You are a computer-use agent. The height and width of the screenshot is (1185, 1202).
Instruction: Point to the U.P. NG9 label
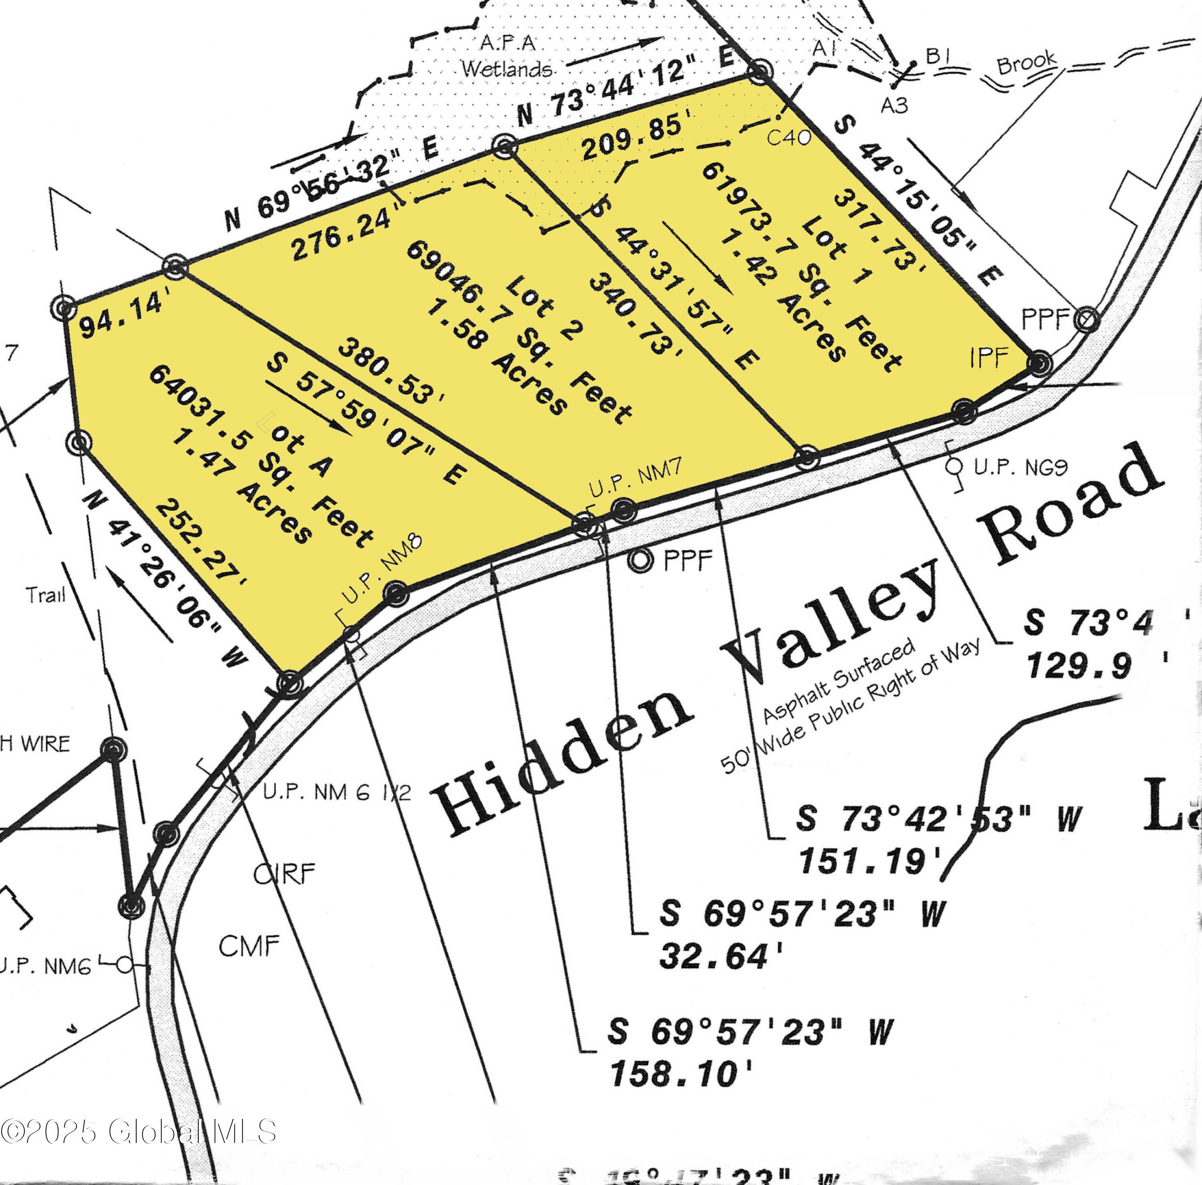tap(1020, 467)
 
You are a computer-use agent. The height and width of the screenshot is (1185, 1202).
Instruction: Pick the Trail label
tap(45, 595)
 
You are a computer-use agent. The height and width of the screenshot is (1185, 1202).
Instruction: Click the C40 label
tap(788, 137)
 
